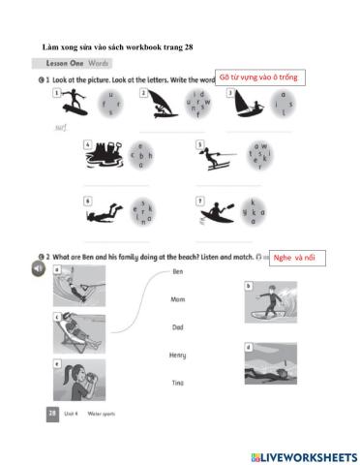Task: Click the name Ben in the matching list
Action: coord(177,272)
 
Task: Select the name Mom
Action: coord(177,300)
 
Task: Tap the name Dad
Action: coord(177,327)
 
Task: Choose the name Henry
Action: coord(177,356)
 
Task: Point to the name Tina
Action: coord(177,383)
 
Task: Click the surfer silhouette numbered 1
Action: coord(71,104)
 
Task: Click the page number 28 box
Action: coord(51,413)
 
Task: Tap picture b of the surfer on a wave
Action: coord(275,301)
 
